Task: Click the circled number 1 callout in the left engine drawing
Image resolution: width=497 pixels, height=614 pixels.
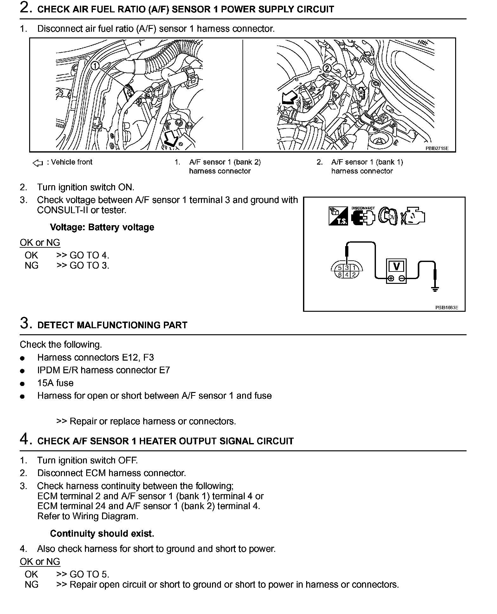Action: [x=95, y=66]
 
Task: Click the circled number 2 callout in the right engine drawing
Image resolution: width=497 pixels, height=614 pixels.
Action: [x=327, y=68]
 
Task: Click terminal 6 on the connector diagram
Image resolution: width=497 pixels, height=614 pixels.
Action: [x=340, y=275]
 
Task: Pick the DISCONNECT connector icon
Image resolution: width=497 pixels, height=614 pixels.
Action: [x=363, y=217]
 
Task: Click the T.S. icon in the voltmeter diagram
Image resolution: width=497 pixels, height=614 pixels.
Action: [x=338, y=216]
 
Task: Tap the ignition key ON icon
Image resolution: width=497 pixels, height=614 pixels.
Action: [x=389, y=217]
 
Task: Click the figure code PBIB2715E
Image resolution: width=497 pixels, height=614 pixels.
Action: [x=437, y=148]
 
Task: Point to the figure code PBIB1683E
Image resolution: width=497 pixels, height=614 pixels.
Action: [x=446, y=307]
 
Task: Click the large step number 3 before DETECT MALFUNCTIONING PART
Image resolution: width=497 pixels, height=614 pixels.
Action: [x=25, y=323]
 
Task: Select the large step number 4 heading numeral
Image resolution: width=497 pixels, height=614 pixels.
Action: [x=25, y=439]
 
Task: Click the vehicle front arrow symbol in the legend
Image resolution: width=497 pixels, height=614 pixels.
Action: [x=37, y=163]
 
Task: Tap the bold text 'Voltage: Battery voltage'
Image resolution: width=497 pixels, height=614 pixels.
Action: [x=102, y=227]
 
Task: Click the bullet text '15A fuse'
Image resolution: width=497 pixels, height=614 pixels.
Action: [x=55, y=383]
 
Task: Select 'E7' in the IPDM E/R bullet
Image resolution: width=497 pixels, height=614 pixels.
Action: [x=164, y=370]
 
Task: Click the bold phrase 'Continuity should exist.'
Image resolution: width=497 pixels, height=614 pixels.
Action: [x=102, y=534]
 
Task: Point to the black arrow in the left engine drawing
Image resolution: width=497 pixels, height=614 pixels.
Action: [x=171, y=139]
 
